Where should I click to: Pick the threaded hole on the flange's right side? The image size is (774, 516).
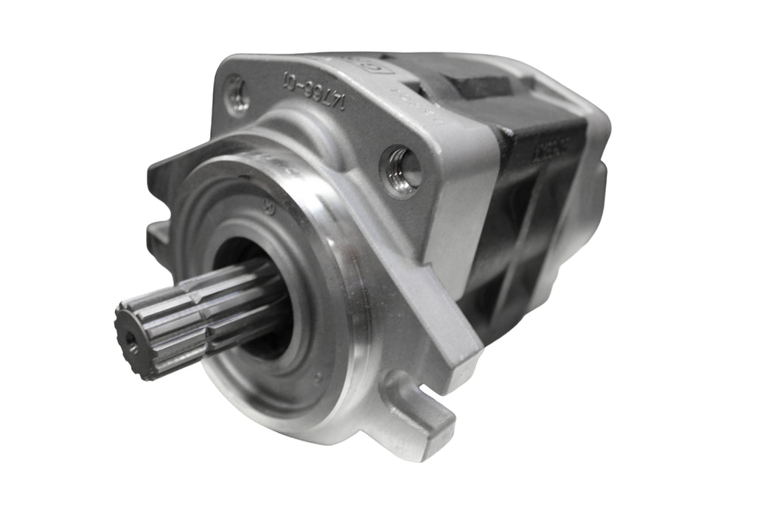coord(402,172)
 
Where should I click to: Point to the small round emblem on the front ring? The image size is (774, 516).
coord(269,209)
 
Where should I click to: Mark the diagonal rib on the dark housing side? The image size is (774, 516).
coord(516,243)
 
